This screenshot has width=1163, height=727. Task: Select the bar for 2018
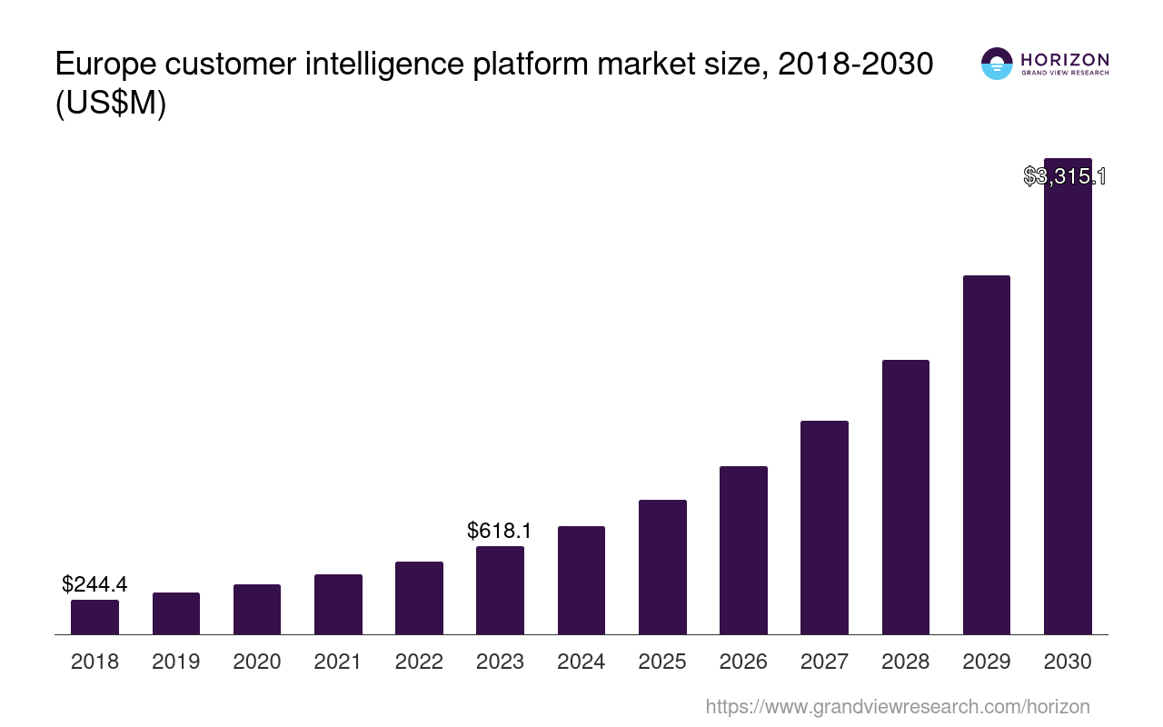coord(94,617)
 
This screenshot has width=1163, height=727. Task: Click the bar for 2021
coord(338,604)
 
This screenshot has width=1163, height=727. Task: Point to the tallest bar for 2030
coord(1068,400)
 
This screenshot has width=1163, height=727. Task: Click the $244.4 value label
coord(94,584)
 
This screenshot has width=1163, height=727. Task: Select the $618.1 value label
coord(500,531)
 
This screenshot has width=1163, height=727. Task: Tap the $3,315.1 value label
coord(1065,176)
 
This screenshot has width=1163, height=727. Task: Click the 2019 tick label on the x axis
coord(175,662)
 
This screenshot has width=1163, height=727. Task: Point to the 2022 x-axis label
coord(419,662)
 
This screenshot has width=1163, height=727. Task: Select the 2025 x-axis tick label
coord(662,662)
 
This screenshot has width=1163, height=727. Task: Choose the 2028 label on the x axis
coord(906,662)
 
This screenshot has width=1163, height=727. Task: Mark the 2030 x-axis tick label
coord(1068,662)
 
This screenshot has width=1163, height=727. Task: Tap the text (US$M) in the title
coord(111,105)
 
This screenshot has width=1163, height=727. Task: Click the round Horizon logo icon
coord(997,64)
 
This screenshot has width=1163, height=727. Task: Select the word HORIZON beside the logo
coord(1065,60)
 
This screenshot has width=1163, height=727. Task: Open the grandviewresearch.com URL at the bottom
coord(898,706)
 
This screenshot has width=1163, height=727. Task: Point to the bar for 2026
coord(743,550)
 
